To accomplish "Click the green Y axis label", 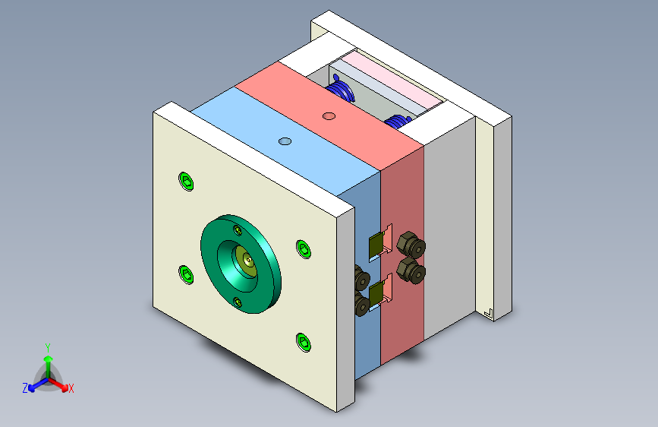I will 47,346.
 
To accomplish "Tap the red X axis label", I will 71,388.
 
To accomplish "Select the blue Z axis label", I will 25,387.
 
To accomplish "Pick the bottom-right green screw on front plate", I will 304,342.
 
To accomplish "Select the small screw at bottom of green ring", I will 239,302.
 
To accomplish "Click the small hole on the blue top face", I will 285,141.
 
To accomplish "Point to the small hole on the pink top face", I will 329,115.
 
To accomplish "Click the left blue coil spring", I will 342,91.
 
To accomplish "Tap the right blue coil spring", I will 396,122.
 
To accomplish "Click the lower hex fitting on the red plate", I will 411,270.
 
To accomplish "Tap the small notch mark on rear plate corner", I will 488,312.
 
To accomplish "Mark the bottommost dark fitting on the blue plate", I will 362,305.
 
